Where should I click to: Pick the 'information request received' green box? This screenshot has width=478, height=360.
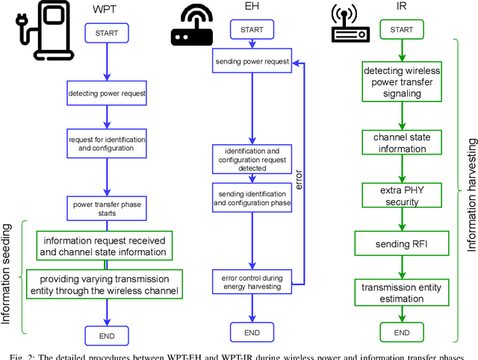[x=104, y=246]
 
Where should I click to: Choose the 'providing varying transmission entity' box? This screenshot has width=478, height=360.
[x=104, y=285]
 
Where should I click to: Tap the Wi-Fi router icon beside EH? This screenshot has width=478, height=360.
[x=189, y=30]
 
